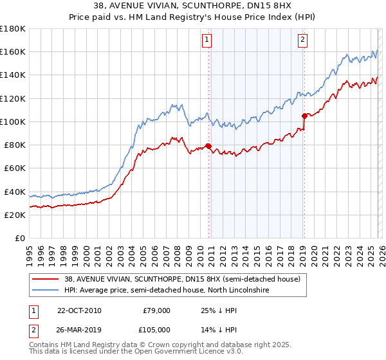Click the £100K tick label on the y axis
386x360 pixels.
(x=13, y=122)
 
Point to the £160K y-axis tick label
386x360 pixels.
(x=13, y=52)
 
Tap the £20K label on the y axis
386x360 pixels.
(x=15, y=215)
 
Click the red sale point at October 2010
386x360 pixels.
(x=208, y=145)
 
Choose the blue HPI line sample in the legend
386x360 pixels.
(x=46, y=291)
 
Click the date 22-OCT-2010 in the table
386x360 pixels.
(x=78, y=310)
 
